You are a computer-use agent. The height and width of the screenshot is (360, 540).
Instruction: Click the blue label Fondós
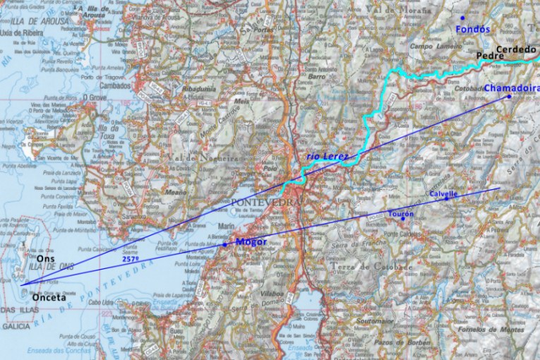click(x=473, y=30)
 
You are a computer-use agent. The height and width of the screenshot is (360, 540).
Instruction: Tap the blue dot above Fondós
click(x=463, y=18)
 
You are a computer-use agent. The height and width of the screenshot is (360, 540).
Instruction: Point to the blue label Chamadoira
click(x=511, y=88)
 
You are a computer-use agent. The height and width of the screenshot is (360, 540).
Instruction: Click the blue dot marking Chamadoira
click(x=508, y=97)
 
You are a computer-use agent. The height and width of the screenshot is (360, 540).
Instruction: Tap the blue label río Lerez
click(x=328, y=156)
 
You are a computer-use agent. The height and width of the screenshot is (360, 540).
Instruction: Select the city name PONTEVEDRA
click(x=265, y=203)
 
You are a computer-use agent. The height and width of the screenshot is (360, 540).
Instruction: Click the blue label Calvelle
click(x=443, y=193)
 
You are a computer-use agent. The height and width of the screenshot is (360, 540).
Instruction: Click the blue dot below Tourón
click(x=403, y=218)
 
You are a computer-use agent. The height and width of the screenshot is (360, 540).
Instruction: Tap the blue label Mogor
click(x=251, y=242)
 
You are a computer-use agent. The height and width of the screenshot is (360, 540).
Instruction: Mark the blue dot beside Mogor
click(x=225, y=244)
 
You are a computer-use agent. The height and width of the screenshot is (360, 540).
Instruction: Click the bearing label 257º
click(x=130, y=260)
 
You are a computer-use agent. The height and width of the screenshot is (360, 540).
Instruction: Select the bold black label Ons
click(x=46, y=259)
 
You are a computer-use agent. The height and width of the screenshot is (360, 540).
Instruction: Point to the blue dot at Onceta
click(x=23, y=286)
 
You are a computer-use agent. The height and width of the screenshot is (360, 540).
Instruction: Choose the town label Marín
click(x=227, y=226)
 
